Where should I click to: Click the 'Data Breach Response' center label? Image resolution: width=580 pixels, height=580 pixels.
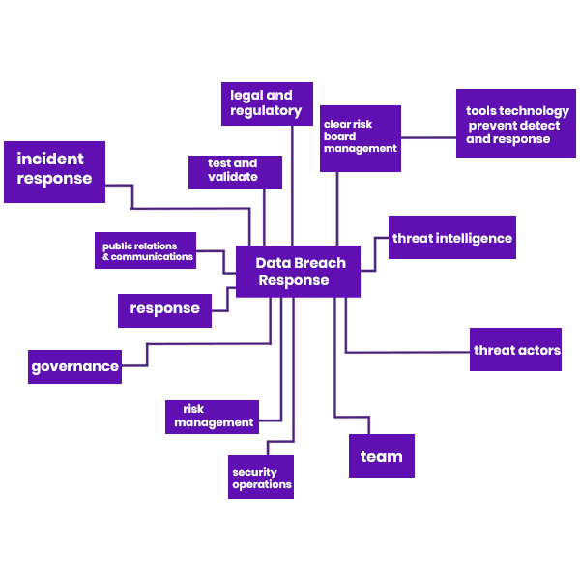point(300,272)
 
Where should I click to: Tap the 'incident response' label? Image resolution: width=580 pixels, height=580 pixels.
point(54,168)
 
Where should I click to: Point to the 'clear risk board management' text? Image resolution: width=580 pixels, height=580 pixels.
point(360,136)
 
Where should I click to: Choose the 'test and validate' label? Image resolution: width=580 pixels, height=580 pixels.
point(233,170)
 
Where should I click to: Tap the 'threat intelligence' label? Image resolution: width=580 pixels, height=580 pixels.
point(451,238)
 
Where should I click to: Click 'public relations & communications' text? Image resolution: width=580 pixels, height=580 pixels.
point(148,251)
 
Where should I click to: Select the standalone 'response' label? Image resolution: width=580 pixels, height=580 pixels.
point(164,308)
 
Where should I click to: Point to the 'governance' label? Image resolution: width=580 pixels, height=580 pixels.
point(74,366)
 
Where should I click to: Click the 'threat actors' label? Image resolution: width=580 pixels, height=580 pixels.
point(516,350)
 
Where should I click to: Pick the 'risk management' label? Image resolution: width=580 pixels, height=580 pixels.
point(214,416)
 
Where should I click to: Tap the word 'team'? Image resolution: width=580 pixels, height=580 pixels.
point(381,456)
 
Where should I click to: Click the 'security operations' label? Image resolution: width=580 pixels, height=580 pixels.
point(261,478)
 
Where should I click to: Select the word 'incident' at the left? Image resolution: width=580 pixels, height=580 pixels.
point(50,159)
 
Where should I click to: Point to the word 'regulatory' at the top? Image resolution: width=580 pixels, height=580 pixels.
point(266,111)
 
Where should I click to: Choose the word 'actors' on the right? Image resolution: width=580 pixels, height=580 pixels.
point(539,350)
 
